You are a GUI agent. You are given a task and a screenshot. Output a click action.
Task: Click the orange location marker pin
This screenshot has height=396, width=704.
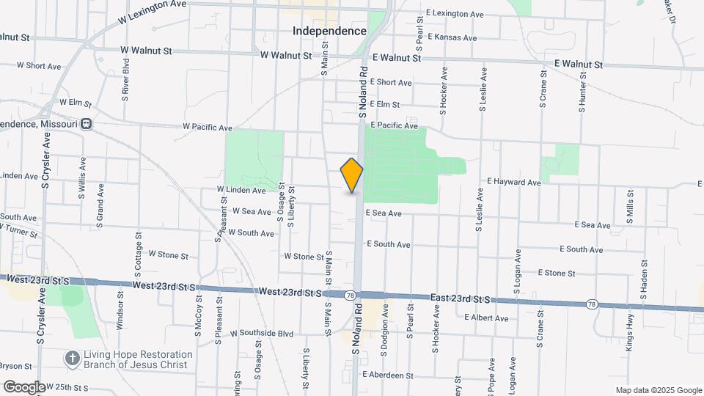click(352, 175)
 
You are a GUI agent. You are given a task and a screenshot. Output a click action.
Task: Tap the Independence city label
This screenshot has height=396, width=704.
click(329, 32)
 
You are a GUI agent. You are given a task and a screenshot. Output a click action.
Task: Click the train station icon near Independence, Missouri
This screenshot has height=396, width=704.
click(87, 124)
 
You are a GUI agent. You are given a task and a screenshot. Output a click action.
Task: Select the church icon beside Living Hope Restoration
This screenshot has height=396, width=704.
click(72, 359)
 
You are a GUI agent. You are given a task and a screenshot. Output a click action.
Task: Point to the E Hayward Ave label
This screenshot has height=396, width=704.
click(514, 181)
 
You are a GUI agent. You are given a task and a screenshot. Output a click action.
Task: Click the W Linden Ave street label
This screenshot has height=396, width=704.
click(241, 190)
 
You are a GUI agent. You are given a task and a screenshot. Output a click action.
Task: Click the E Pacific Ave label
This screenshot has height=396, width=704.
click(394, 126)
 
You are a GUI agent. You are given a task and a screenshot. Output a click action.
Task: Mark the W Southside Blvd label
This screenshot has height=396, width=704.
click(262, 334)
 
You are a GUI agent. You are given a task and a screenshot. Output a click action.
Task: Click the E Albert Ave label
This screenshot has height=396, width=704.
click(486, 318)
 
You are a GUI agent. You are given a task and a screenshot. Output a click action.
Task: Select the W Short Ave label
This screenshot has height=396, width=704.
click(38, 66)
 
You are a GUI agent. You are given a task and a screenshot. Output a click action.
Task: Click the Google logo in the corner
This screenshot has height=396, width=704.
click(23, 386)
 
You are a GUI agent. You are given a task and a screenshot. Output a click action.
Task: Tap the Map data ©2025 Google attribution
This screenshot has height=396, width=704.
click(658, 390)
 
